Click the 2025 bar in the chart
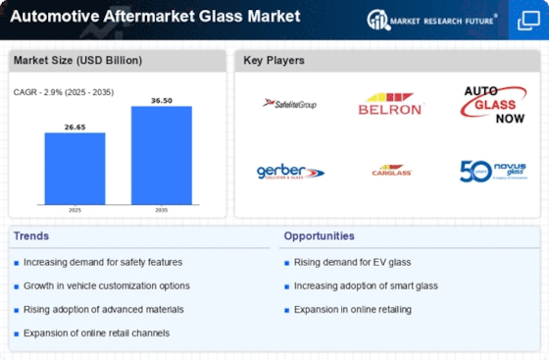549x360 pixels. point(75,168)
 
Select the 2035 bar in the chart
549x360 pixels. point(162,154)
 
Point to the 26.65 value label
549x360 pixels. point(75,126)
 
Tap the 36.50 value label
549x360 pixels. point(162,99)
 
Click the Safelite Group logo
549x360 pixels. point(288,103)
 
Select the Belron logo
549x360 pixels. point(390,103)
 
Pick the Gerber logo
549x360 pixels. point(289,172)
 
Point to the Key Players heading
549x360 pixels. point(274,61)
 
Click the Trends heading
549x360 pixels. point(32,236)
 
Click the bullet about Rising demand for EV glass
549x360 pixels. point(343,262)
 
